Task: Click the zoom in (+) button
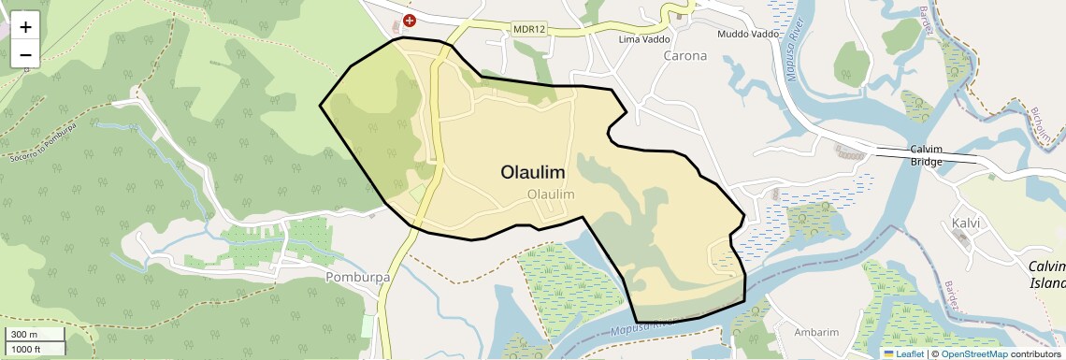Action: (x=25, y=27)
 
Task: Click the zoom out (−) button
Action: (x=25, y=55)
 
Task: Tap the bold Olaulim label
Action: (x=532, y=172)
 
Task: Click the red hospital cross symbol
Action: (x=409, y=20)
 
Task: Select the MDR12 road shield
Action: (x=529, y=29)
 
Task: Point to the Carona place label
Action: (x=685, y=55)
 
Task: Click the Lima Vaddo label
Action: (x=646, y=39)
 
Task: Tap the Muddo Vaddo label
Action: (x=748, y=35)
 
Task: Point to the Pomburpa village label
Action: (x=356, y=278)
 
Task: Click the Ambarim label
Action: (x=809, y=332)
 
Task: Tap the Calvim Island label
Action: (x=1046, y=275)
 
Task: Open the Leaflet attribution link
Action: (x=903, y=354)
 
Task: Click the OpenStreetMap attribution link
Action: (x=974, y=354)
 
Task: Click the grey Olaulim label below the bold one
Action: (x=550, y=194)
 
